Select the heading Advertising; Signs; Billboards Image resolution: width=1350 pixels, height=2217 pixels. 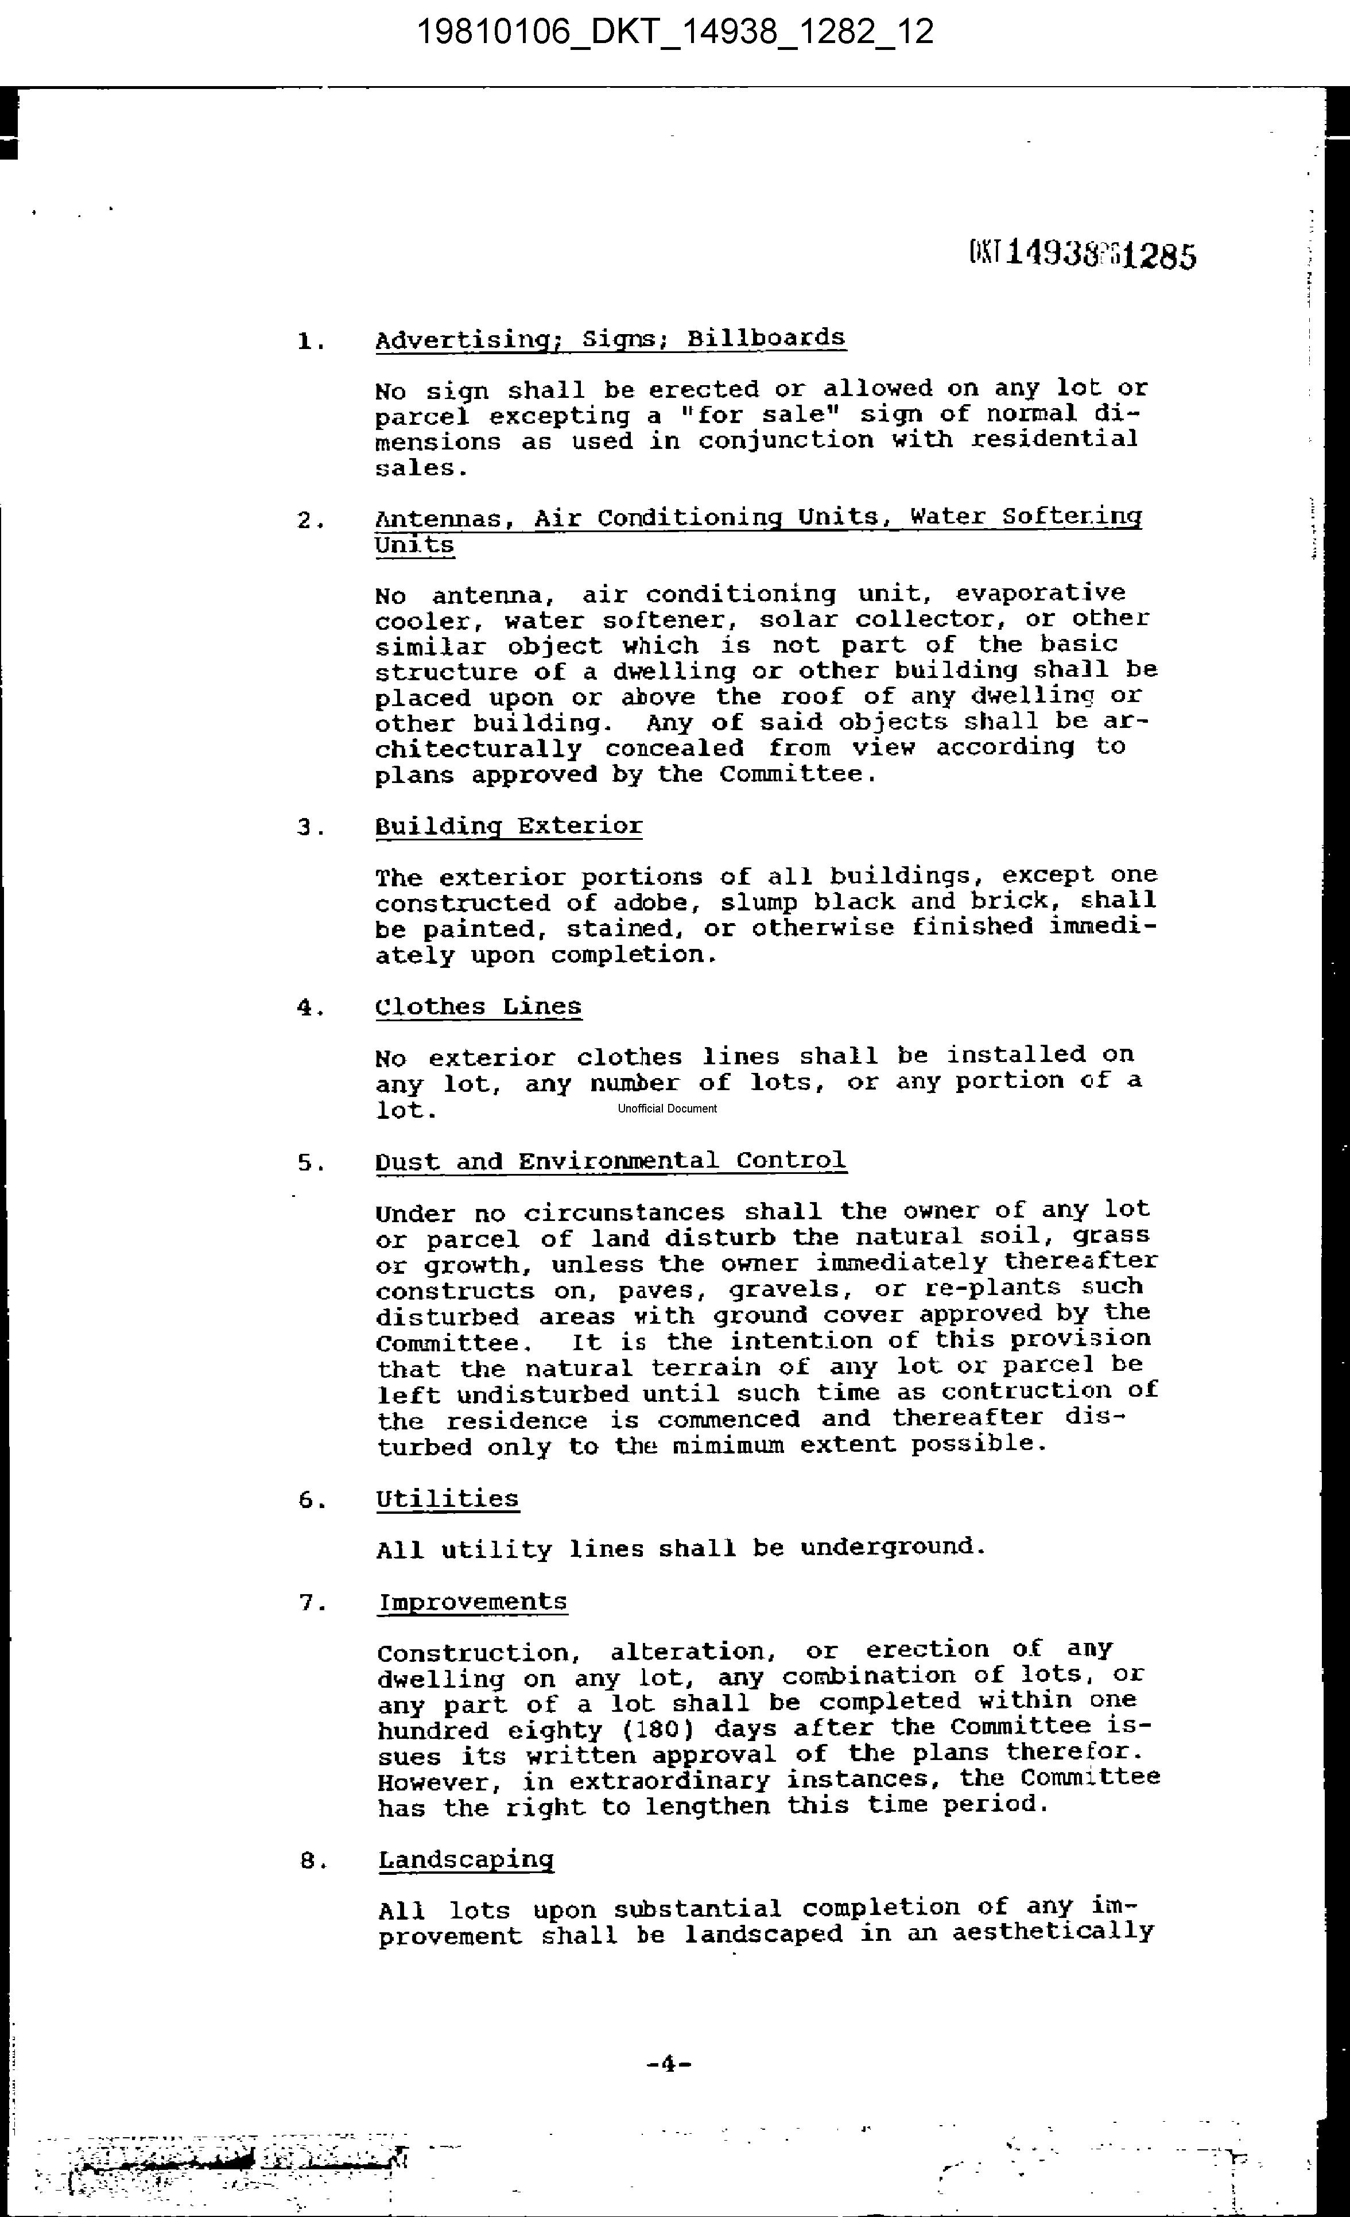pos(610,339)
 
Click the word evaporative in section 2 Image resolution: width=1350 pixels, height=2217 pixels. pos(1039,593)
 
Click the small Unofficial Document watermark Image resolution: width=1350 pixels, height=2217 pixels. pos(668,1108)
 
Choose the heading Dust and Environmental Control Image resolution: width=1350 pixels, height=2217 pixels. pos(610,1161)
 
